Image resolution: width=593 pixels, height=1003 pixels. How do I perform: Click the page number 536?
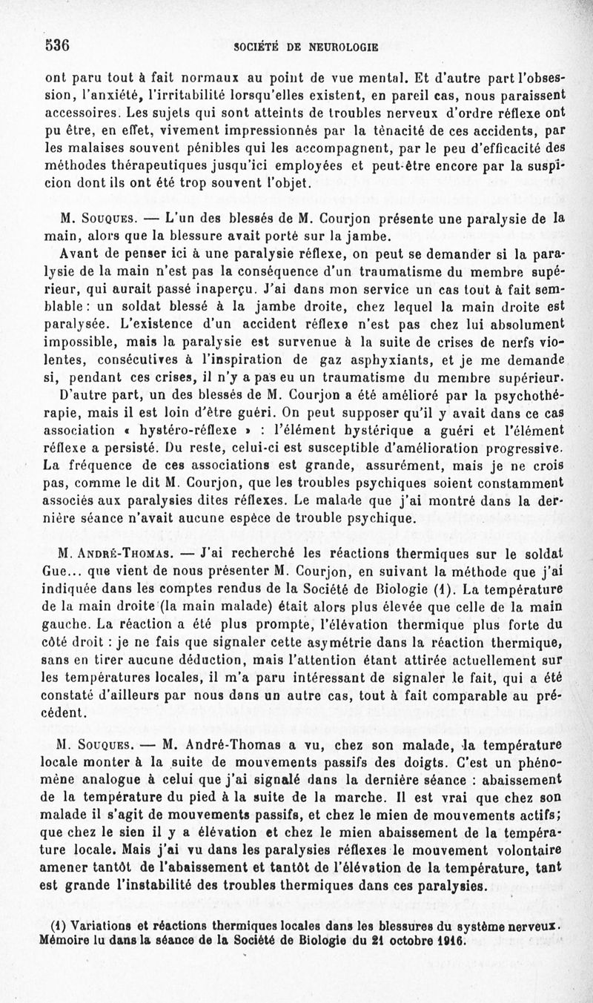[56, 44]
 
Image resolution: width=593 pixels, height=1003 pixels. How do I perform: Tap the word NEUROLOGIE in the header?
[342, 47]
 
